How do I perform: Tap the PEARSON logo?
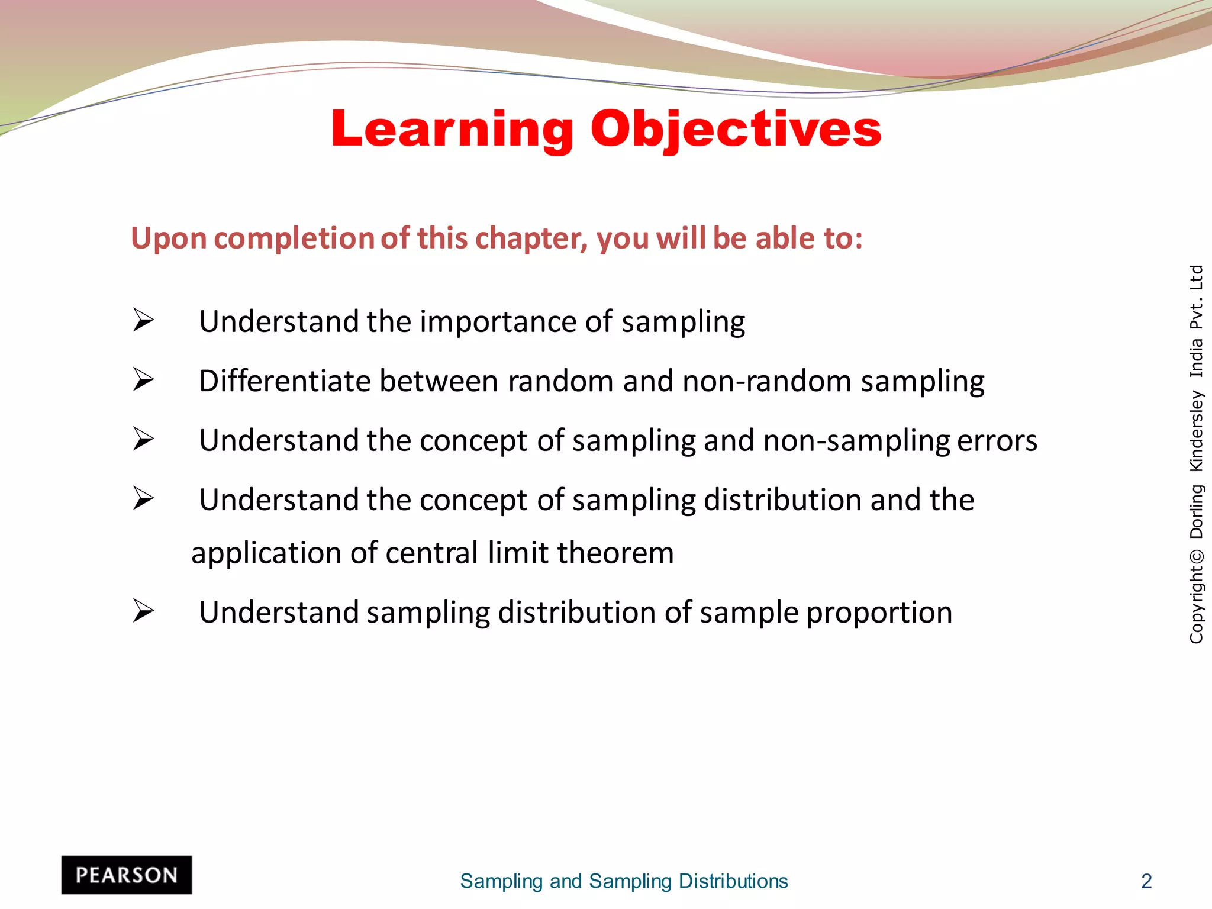click(127, 875)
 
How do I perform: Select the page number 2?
click(1146, 881)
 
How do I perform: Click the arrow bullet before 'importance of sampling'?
click(143, 320)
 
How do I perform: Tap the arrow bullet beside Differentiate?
click(143, 379)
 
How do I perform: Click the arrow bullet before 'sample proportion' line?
click(143, 611)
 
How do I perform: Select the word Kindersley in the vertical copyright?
click(1196, 431)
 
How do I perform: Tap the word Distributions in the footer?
click(733, 881)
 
